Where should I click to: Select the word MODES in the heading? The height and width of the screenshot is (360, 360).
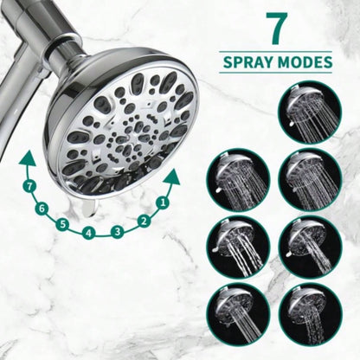click(x=304, y=63)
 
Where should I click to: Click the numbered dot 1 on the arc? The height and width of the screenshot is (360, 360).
click(x=161, y=202)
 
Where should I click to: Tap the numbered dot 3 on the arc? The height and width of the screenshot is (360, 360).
click(x=117, y=231)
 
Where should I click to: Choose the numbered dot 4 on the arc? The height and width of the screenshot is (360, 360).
click(x=89, y=233)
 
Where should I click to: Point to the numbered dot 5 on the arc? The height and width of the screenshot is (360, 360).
click(x=63, y=224)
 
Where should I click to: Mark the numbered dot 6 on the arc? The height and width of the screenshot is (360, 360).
click(x=42, y=208)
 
